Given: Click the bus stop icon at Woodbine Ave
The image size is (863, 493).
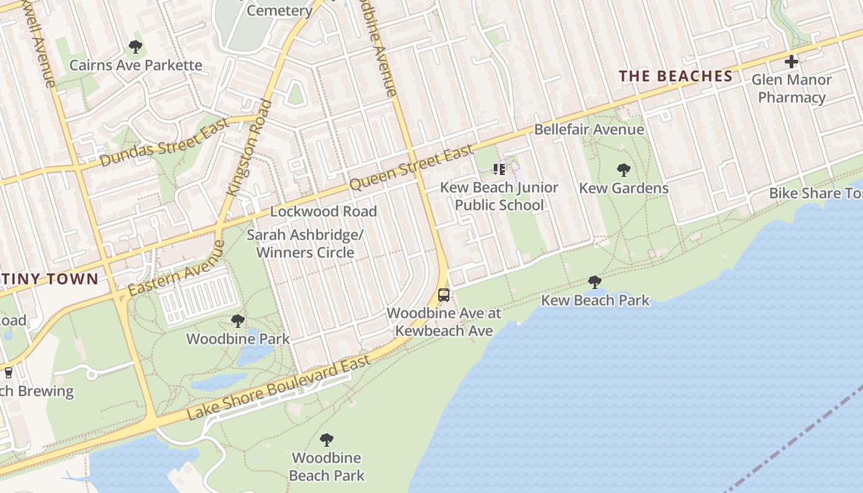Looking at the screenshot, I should pos(444,295).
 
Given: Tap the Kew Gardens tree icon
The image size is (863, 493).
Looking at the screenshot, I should pos(623,170).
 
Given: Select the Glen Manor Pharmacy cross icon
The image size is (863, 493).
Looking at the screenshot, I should pos(791,62).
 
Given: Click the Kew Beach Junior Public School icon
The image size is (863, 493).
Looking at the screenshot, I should pos(499,169).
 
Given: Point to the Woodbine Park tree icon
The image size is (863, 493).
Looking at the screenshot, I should pos(237,321).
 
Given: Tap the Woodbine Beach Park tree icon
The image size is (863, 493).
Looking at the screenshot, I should pos(327,440).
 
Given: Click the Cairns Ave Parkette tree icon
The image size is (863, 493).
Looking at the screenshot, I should pos(135,47).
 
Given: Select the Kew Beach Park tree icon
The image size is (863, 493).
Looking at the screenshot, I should pos(595,282).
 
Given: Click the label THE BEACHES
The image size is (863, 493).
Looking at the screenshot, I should pos(676,76).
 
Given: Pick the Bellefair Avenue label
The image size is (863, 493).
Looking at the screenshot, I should pos(589,129).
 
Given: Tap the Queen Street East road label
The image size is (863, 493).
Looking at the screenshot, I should pos(412,167).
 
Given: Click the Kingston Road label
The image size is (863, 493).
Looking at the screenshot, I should pos(250,147).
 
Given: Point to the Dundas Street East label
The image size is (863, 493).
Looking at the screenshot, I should pos(165,142).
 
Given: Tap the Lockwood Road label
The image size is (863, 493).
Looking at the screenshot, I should pos(323,211).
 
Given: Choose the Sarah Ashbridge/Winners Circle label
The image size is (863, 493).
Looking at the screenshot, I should pos(305,243).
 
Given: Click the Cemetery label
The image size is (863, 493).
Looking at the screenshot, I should pos(279,10).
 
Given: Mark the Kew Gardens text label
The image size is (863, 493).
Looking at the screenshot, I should pos(623,188).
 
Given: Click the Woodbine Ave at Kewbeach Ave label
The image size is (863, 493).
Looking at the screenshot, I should pos(444,322).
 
